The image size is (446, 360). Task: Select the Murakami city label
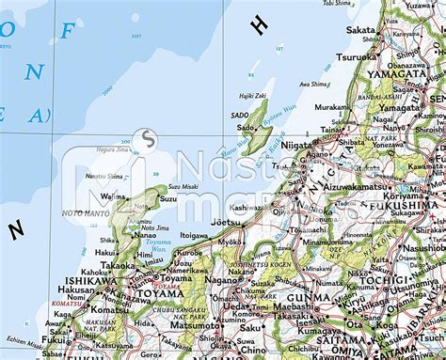click(331, 108)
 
